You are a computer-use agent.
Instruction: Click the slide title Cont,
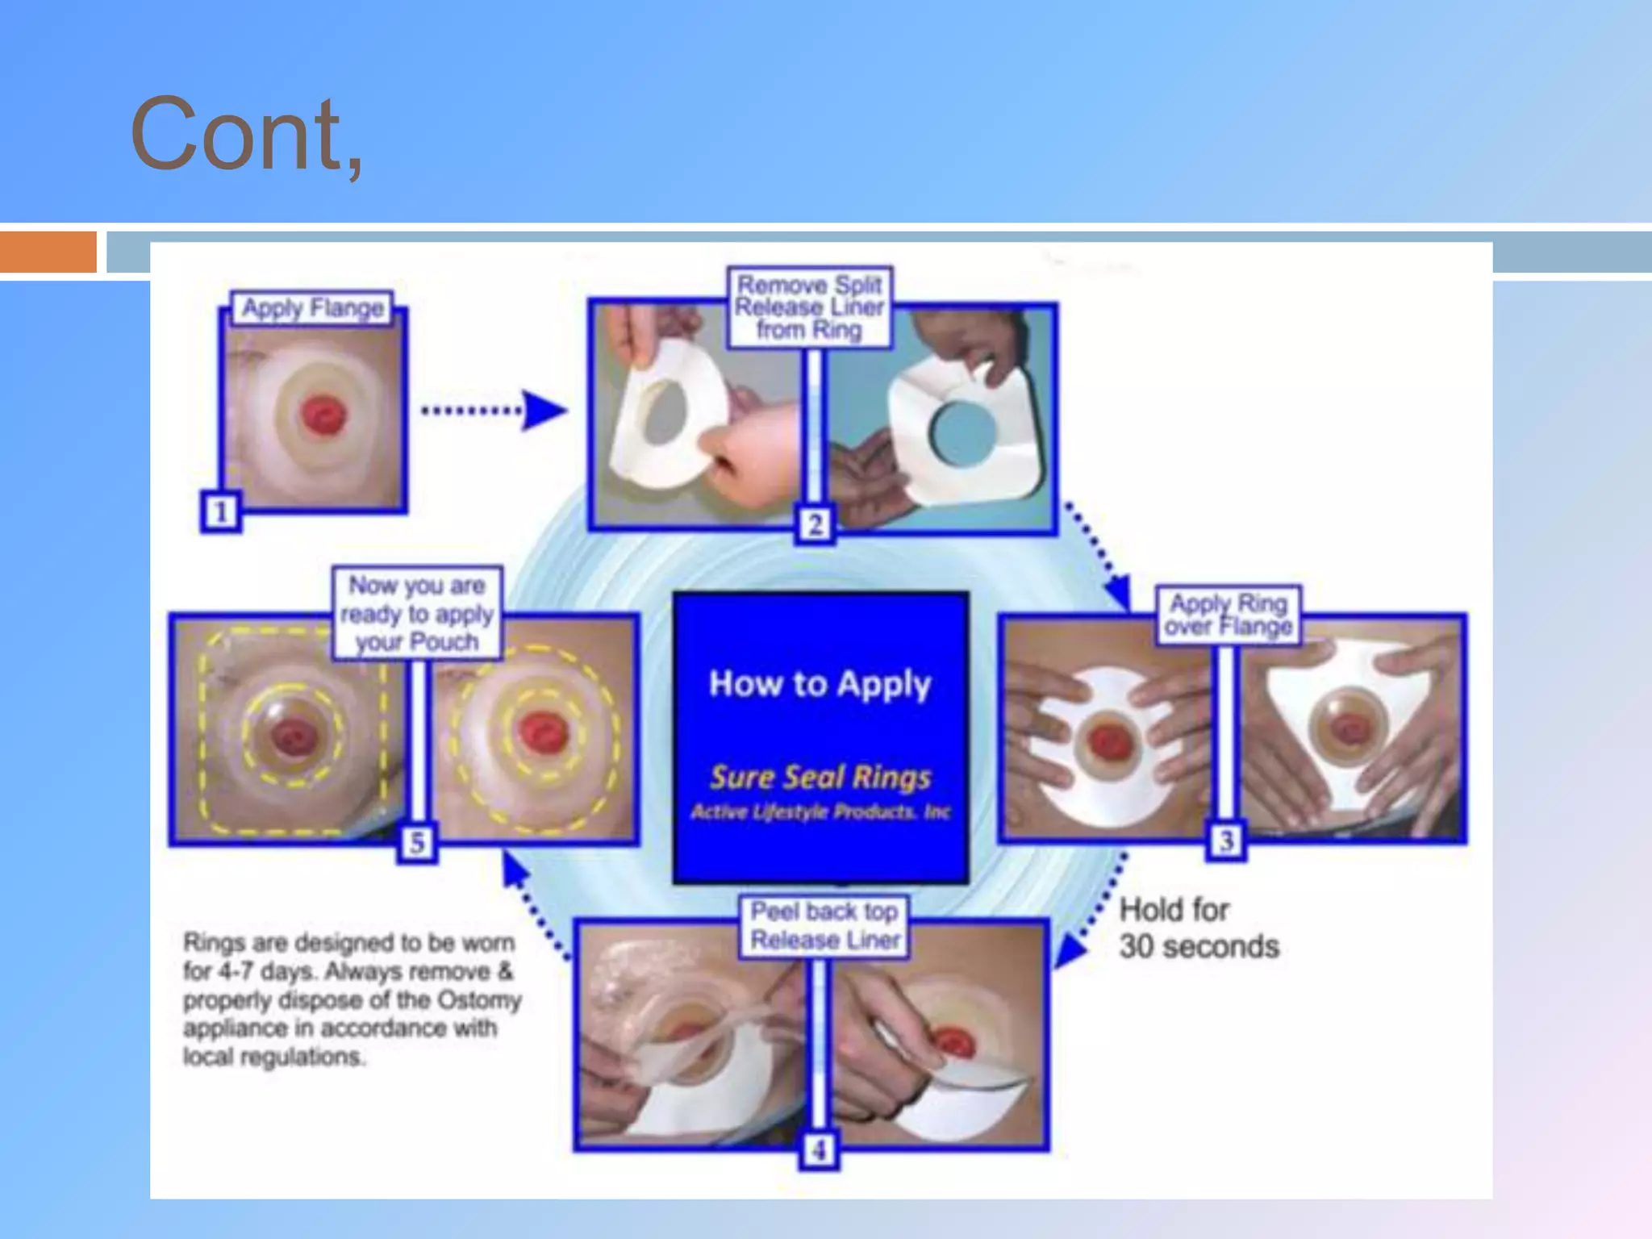tap(246, 134)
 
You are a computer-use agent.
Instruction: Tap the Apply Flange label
tap(313, 308)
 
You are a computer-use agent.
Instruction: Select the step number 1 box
tap(220, 512)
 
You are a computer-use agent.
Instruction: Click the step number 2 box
tap(815, 525)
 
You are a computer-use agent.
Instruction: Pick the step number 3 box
tap(1226, 841)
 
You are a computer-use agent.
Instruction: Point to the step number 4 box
tap(819, 1149)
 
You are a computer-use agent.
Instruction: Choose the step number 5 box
tap(417, 843)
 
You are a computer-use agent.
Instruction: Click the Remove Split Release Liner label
tap(810, 307)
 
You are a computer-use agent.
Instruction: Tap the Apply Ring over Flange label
tap(1229, 615)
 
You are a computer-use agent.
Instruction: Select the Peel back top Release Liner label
tap(824, 926)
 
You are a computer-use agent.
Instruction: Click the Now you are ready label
tap(417, 613)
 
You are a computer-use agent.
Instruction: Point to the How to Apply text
tap(820, 684)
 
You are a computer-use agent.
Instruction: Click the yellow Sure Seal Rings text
tap(820, 777)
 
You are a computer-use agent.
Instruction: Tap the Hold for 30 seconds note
tap(1198, 928)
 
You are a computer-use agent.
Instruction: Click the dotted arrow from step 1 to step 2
tap(492, 411)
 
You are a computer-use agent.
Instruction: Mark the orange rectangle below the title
tap(48, 252)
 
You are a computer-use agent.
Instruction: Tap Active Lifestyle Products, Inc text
tap(820, 812)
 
